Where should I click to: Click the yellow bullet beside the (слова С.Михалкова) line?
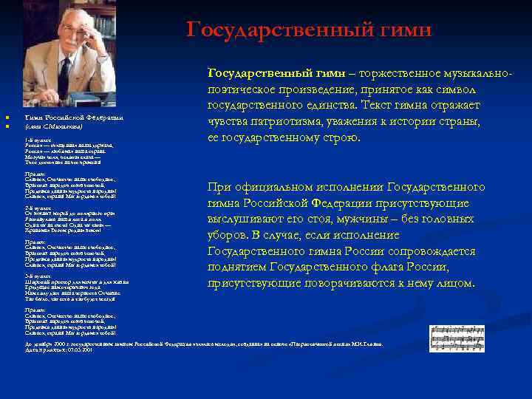click(6, 126)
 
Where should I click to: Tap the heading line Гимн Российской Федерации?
click(73, 117)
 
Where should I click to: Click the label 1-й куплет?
click(36, 138)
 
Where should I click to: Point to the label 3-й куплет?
click(36, 274)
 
